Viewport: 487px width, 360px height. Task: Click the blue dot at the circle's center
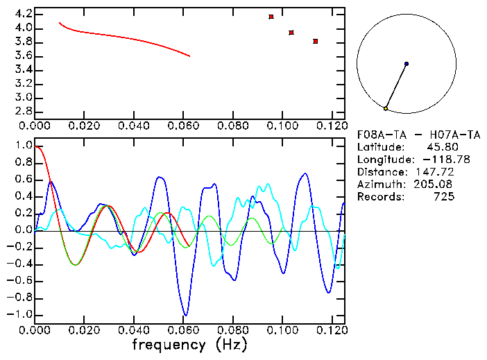407,64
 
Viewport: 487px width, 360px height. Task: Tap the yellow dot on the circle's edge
386,108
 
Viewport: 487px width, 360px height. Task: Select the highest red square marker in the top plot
271,17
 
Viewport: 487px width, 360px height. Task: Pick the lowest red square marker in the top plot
316,42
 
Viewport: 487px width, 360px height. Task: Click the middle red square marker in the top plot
291,33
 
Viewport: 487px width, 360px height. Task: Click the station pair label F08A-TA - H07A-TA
406,135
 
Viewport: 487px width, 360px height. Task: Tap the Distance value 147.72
435,172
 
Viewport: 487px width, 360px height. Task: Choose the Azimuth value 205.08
435,185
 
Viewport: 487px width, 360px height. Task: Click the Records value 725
445,197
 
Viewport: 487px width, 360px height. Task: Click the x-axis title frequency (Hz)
189,345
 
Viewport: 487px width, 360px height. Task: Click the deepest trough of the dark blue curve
185,314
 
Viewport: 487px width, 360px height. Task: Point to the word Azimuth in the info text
379,185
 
